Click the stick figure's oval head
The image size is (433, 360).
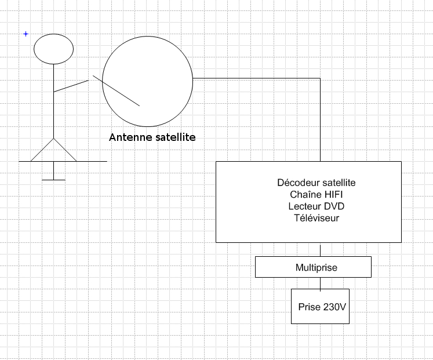click(53, 49)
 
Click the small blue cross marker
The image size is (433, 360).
click(26, 34)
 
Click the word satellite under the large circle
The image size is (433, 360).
click(174, 138)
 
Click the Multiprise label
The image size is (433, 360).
click(316, 268)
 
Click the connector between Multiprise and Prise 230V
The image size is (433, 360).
click(320, 283)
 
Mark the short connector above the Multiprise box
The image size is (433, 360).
click(320, 250)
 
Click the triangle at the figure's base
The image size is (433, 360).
click(53, 152)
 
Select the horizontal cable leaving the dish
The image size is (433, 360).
click(255, 78)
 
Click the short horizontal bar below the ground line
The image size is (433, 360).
click(53, 180)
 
